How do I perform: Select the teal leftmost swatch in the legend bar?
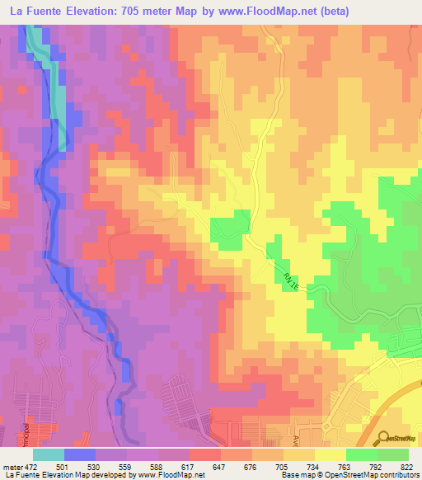pos(49,454)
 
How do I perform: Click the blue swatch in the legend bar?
pos(80,454)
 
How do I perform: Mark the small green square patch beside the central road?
pos(231,226)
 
